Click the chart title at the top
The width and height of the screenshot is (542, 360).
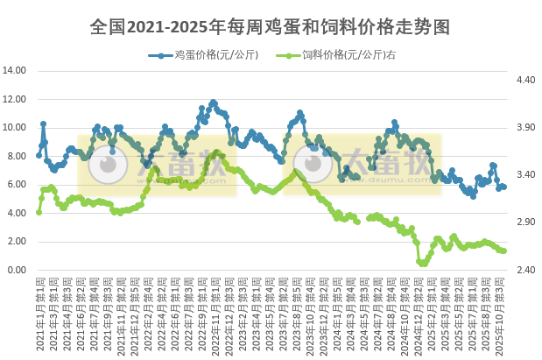tap(271, 26)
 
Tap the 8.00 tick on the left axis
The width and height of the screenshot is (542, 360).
tap(18, 156)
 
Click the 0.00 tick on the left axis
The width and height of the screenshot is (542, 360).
tap(18, 270)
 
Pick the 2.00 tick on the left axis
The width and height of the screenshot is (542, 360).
tap(18, 242)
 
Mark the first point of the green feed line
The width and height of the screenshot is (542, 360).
tap(39, 212)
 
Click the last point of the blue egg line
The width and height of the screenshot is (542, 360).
tap(504, 187)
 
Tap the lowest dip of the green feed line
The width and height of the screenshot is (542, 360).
tap(422, 263)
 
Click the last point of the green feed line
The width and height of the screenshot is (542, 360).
tap(504, 251)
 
